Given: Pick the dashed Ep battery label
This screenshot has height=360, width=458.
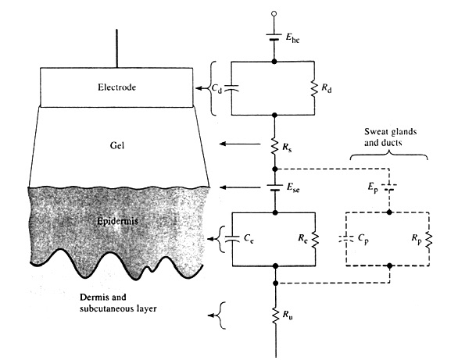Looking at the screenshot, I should point(369,188).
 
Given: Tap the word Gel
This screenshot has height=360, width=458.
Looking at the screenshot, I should point(117,145).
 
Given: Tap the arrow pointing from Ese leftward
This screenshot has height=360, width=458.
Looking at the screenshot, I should point(235,188).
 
